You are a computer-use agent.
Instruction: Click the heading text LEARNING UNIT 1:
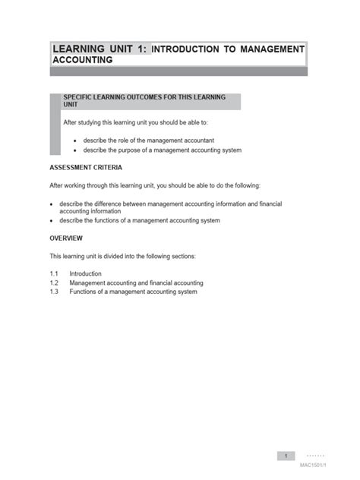pyautogui.click(x=100, y=49)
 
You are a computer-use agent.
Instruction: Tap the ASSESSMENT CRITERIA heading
pyautogui.click(x=86, y=167)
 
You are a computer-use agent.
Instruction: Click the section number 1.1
pyautogui.click(x=54, y=273)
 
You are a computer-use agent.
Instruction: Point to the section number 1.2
pyautogui.click(x=54, y=283)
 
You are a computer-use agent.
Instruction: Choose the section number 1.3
pyautogui.click(x=54, y=292)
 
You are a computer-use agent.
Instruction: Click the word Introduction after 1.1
pyautogui.click(x=85, y=273)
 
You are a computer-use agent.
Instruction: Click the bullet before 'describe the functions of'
pyautogui.click(x=52, y=220)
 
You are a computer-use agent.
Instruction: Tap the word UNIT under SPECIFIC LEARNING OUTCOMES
pyautogui.click(x=71, y=105)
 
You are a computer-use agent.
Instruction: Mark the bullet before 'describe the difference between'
pyautogui.click(x=52, y=204)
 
